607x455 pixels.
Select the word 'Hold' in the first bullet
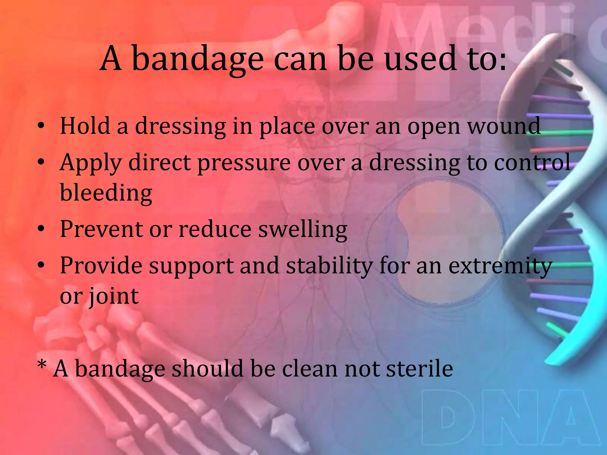tap(85, 126)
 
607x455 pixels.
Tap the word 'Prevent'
tap(101, 229)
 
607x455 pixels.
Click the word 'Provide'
tap(101, 265)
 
